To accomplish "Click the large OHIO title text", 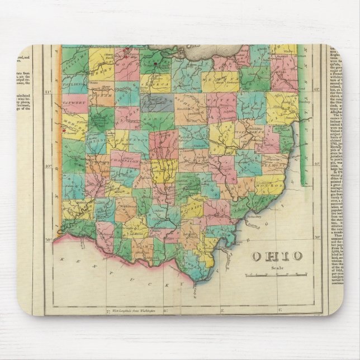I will (276, 256).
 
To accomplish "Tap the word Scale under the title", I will (276, 267).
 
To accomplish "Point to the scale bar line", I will (276, 274).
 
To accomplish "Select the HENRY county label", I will (103, 70).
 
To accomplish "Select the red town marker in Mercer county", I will (65, 132).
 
